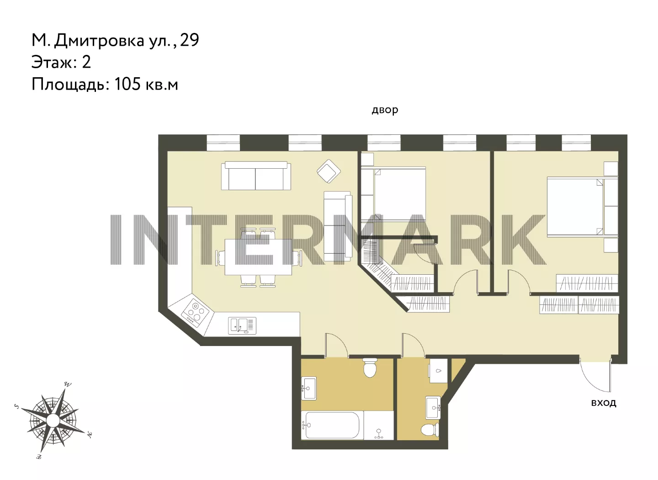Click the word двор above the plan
click(385, 110)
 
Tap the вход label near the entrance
click(604, 403)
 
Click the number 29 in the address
click(190, 40)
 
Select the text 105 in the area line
click(127, 84)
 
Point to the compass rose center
click(53, 420)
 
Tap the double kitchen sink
click(242, 325)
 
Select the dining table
click(258, 257)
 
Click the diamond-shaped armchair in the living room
click(329, 171)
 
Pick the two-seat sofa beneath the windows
click(256, 176)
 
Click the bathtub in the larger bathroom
click(332, 425)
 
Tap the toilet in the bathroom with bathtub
click(370, 368)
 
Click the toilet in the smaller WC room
click(430, 430)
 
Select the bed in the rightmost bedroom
click(583, 207)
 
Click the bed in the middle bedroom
click(393, 194)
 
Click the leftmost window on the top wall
click(223, 143)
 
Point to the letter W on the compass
click(68, 384)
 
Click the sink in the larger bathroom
click(309, 388)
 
